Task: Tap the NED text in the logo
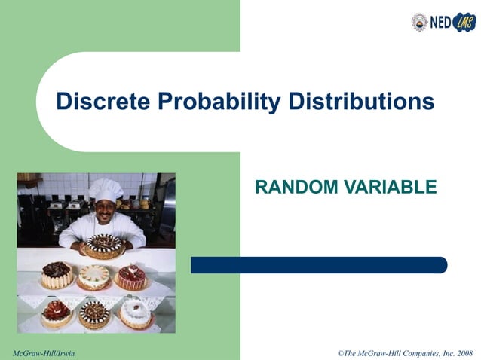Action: pos(440,23)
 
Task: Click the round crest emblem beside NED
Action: pos(419,22)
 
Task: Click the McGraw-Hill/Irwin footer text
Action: pos(44,352)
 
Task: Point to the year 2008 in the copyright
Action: pos(463,352)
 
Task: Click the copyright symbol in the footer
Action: pos(341,352)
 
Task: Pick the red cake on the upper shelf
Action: pos(131,276)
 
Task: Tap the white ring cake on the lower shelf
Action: pos(136,312)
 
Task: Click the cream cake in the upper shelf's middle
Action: pos(94,276)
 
